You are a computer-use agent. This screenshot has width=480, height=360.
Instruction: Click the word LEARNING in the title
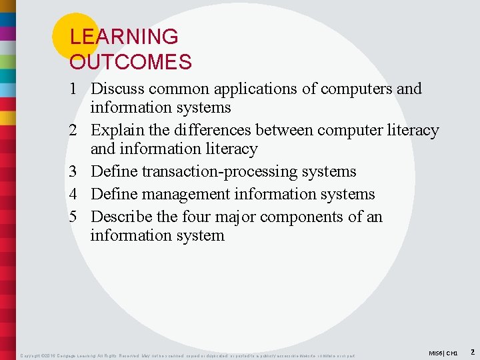coord(124,37)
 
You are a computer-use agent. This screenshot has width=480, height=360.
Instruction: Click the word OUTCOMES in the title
coord(131,63)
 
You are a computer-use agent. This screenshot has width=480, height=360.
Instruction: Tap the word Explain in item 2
coord(117,130)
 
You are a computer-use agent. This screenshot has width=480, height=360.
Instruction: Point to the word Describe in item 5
coord(123,217)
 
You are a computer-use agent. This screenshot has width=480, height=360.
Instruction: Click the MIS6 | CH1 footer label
coord(441,353)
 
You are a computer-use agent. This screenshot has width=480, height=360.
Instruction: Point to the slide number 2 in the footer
coord(472,351)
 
